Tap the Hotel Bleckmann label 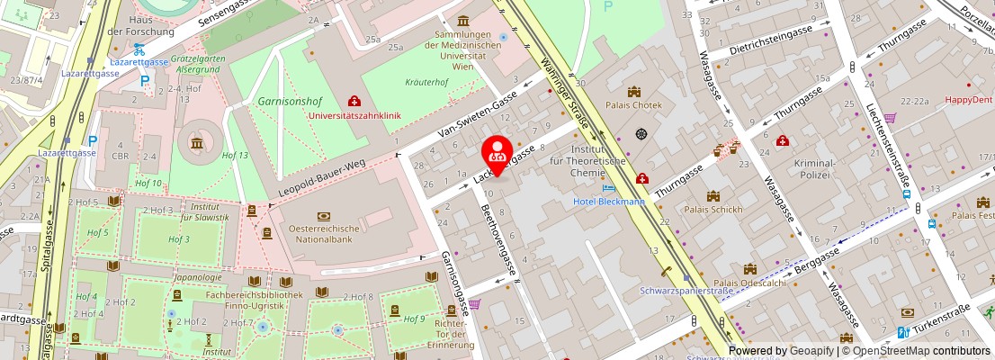pyautogui.click(x=609, y=202)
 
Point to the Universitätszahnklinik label pyautogui.click(x=365, y=116)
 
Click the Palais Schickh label pyautogui.click(x=713, y=210)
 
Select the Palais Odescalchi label pyautogui.click(x=749, y=283)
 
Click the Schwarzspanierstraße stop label pyautogui.click(x=686, y=291)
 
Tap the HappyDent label pyautogui.click(x=968, y=101)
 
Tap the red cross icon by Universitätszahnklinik pyautogui.click(x=354, y=102)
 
